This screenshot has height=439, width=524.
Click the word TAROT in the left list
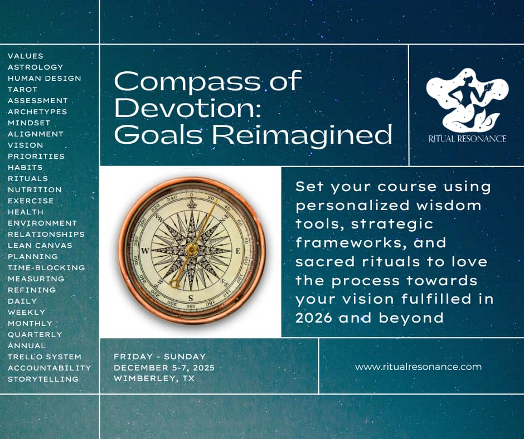coord(22,90)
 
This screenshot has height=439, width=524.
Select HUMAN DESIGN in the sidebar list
coord(45,78)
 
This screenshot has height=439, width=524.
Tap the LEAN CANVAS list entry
coord(40,245)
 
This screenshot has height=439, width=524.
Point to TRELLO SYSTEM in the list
coord(45,357)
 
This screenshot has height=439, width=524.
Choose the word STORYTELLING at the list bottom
coord(43,379)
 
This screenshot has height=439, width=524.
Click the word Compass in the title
coord(188,82)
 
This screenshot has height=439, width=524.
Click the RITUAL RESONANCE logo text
coord(467,138)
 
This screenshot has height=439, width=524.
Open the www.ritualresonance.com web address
coord(418,367)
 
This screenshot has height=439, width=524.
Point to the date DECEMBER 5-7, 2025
coord(164,368)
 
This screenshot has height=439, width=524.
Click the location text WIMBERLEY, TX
coord(154,379)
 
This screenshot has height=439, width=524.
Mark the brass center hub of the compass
coord(192,249)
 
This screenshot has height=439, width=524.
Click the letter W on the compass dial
coord(145,251)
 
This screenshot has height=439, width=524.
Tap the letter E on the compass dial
coord(238,251)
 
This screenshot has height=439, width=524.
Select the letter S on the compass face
coord(191,298)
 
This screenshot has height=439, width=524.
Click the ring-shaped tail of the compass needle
coord(174,284)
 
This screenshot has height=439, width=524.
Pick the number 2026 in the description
coord(314,318)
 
